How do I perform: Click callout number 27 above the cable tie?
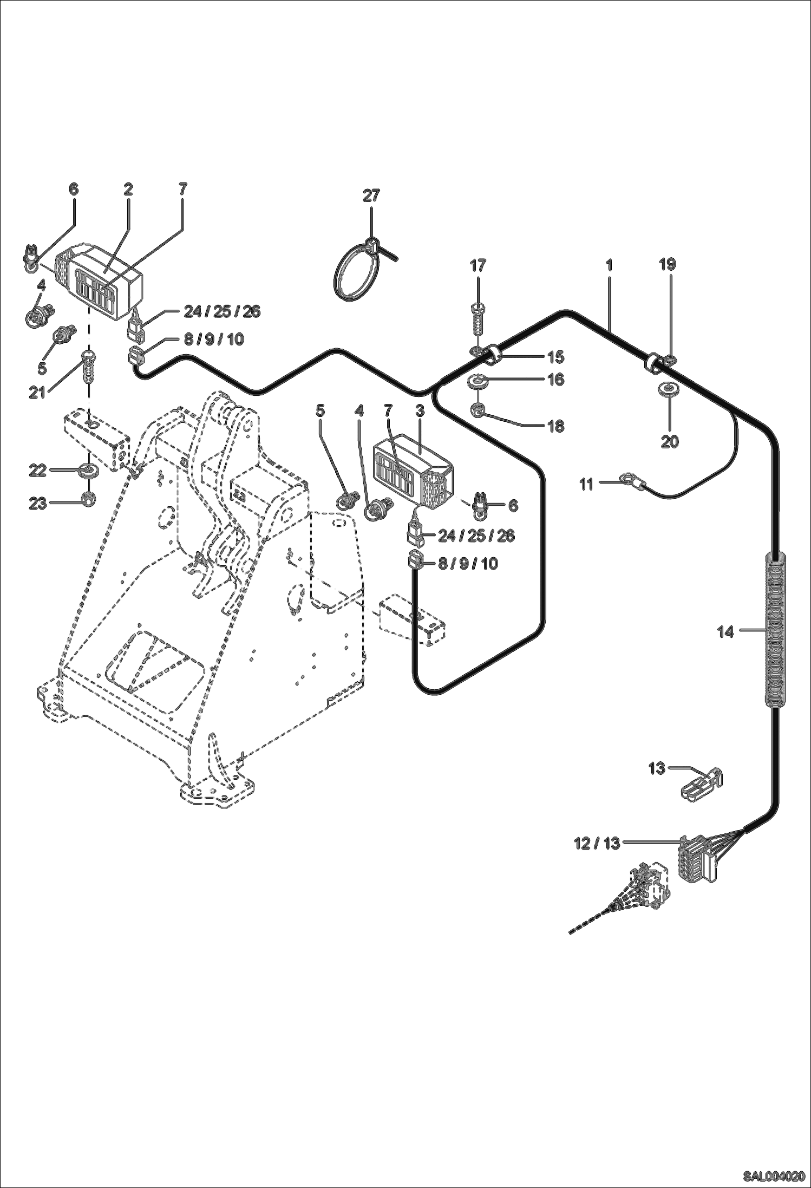click(x=371, y=195)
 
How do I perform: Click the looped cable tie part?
click(x=352, y=270)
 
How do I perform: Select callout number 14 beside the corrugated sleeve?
click(x=725, y=631)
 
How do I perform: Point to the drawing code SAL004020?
click(x=773, y=1174)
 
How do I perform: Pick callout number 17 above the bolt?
click(x=478, y=265)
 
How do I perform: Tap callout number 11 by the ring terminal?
click(x=587, y=484)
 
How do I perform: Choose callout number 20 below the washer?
click(x=670, y=442)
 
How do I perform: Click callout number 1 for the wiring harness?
click(x=609, y=265)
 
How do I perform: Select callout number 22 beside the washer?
click(x=37, y=471)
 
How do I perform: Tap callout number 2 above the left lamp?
click(x=128, y=189)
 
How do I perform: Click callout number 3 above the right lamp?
click(x=420, y=411)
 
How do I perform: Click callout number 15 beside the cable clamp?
click(x=556, y=357)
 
